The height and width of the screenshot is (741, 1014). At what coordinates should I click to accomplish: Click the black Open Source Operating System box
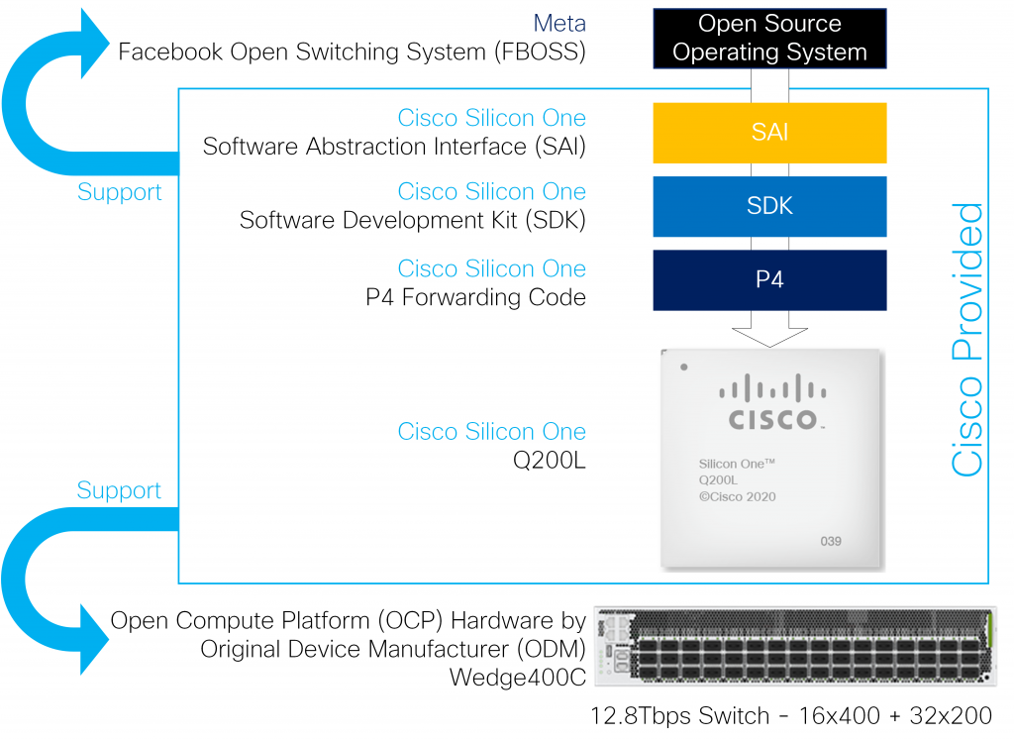769,38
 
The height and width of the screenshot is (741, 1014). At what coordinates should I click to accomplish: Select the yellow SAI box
769,131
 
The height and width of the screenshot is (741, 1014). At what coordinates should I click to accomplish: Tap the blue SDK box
769,205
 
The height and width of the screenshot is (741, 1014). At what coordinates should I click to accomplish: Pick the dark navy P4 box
769,279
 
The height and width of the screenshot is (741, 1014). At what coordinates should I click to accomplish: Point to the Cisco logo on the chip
774,405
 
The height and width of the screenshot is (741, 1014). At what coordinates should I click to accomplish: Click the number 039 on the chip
830,541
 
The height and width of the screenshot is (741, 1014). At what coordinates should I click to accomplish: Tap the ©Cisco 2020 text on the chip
737,497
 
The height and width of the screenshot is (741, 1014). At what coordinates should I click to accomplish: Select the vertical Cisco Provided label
967,339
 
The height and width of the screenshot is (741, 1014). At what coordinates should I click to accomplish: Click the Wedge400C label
516,679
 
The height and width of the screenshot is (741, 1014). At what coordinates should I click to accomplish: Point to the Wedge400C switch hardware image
793,646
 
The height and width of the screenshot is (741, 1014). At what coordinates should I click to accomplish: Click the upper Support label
119,192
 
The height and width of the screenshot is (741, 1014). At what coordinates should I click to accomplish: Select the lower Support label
119,490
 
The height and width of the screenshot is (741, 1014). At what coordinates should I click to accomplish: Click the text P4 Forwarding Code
475,296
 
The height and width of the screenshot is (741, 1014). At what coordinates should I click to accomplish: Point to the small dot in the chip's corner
683,369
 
